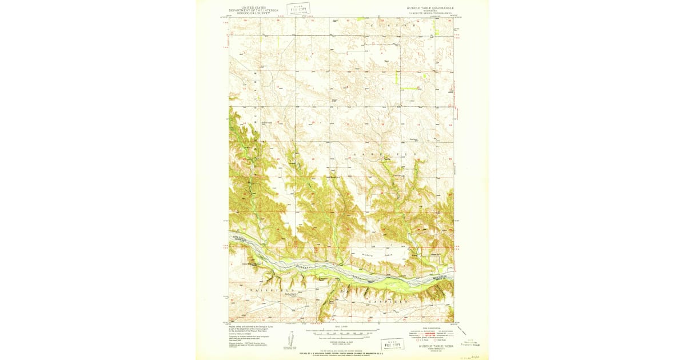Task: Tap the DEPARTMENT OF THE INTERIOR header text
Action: click(x=253, y=10)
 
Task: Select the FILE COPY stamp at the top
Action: click(x=298, y=9)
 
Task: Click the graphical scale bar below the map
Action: click(x=340, y=330)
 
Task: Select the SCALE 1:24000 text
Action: click(x=341, y=326)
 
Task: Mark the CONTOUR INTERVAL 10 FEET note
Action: click(x=341, y=337)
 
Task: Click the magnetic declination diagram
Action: click(x=290, y=341)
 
